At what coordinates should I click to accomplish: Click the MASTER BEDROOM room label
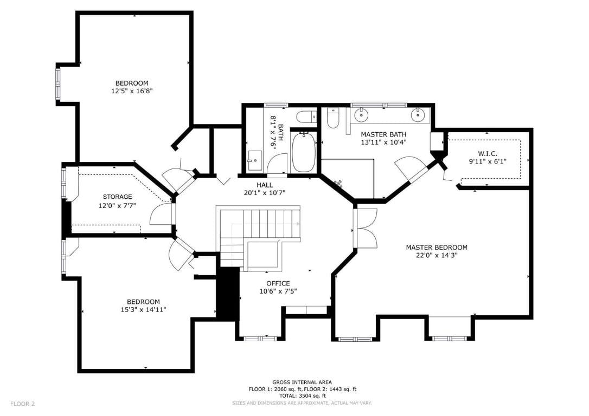(x=437, y=248)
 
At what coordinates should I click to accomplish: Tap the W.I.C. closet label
(x=488, y=154)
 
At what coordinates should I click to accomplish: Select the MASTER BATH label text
(x=383, y=134)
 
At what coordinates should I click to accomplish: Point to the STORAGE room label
(x=118, y=197)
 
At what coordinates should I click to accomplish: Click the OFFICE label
(x=278, y=284)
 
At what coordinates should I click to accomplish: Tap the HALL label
(x=265, y=185)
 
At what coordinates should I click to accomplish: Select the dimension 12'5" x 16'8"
(x=132, y=91)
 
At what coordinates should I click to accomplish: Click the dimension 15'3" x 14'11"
(x=143, y=310)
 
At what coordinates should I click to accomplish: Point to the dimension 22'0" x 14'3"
(x=437, y=256)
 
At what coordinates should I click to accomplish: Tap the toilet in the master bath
(x=333, y=118)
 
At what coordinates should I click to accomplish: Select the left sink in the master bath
(x=361, y=115)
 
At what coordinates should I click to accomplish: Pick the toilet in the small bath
(x=306, y=117)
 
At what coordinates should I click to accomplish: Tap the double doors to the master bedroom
(x=365, y=227)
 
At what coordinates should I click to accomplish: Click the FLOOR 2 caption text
(x=23, y=404)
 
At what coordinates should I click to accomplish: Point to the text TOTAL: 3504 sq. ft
(x=303, y=396)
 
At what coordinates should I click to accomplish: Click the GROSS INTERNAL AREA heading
(x=302, y=382)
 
